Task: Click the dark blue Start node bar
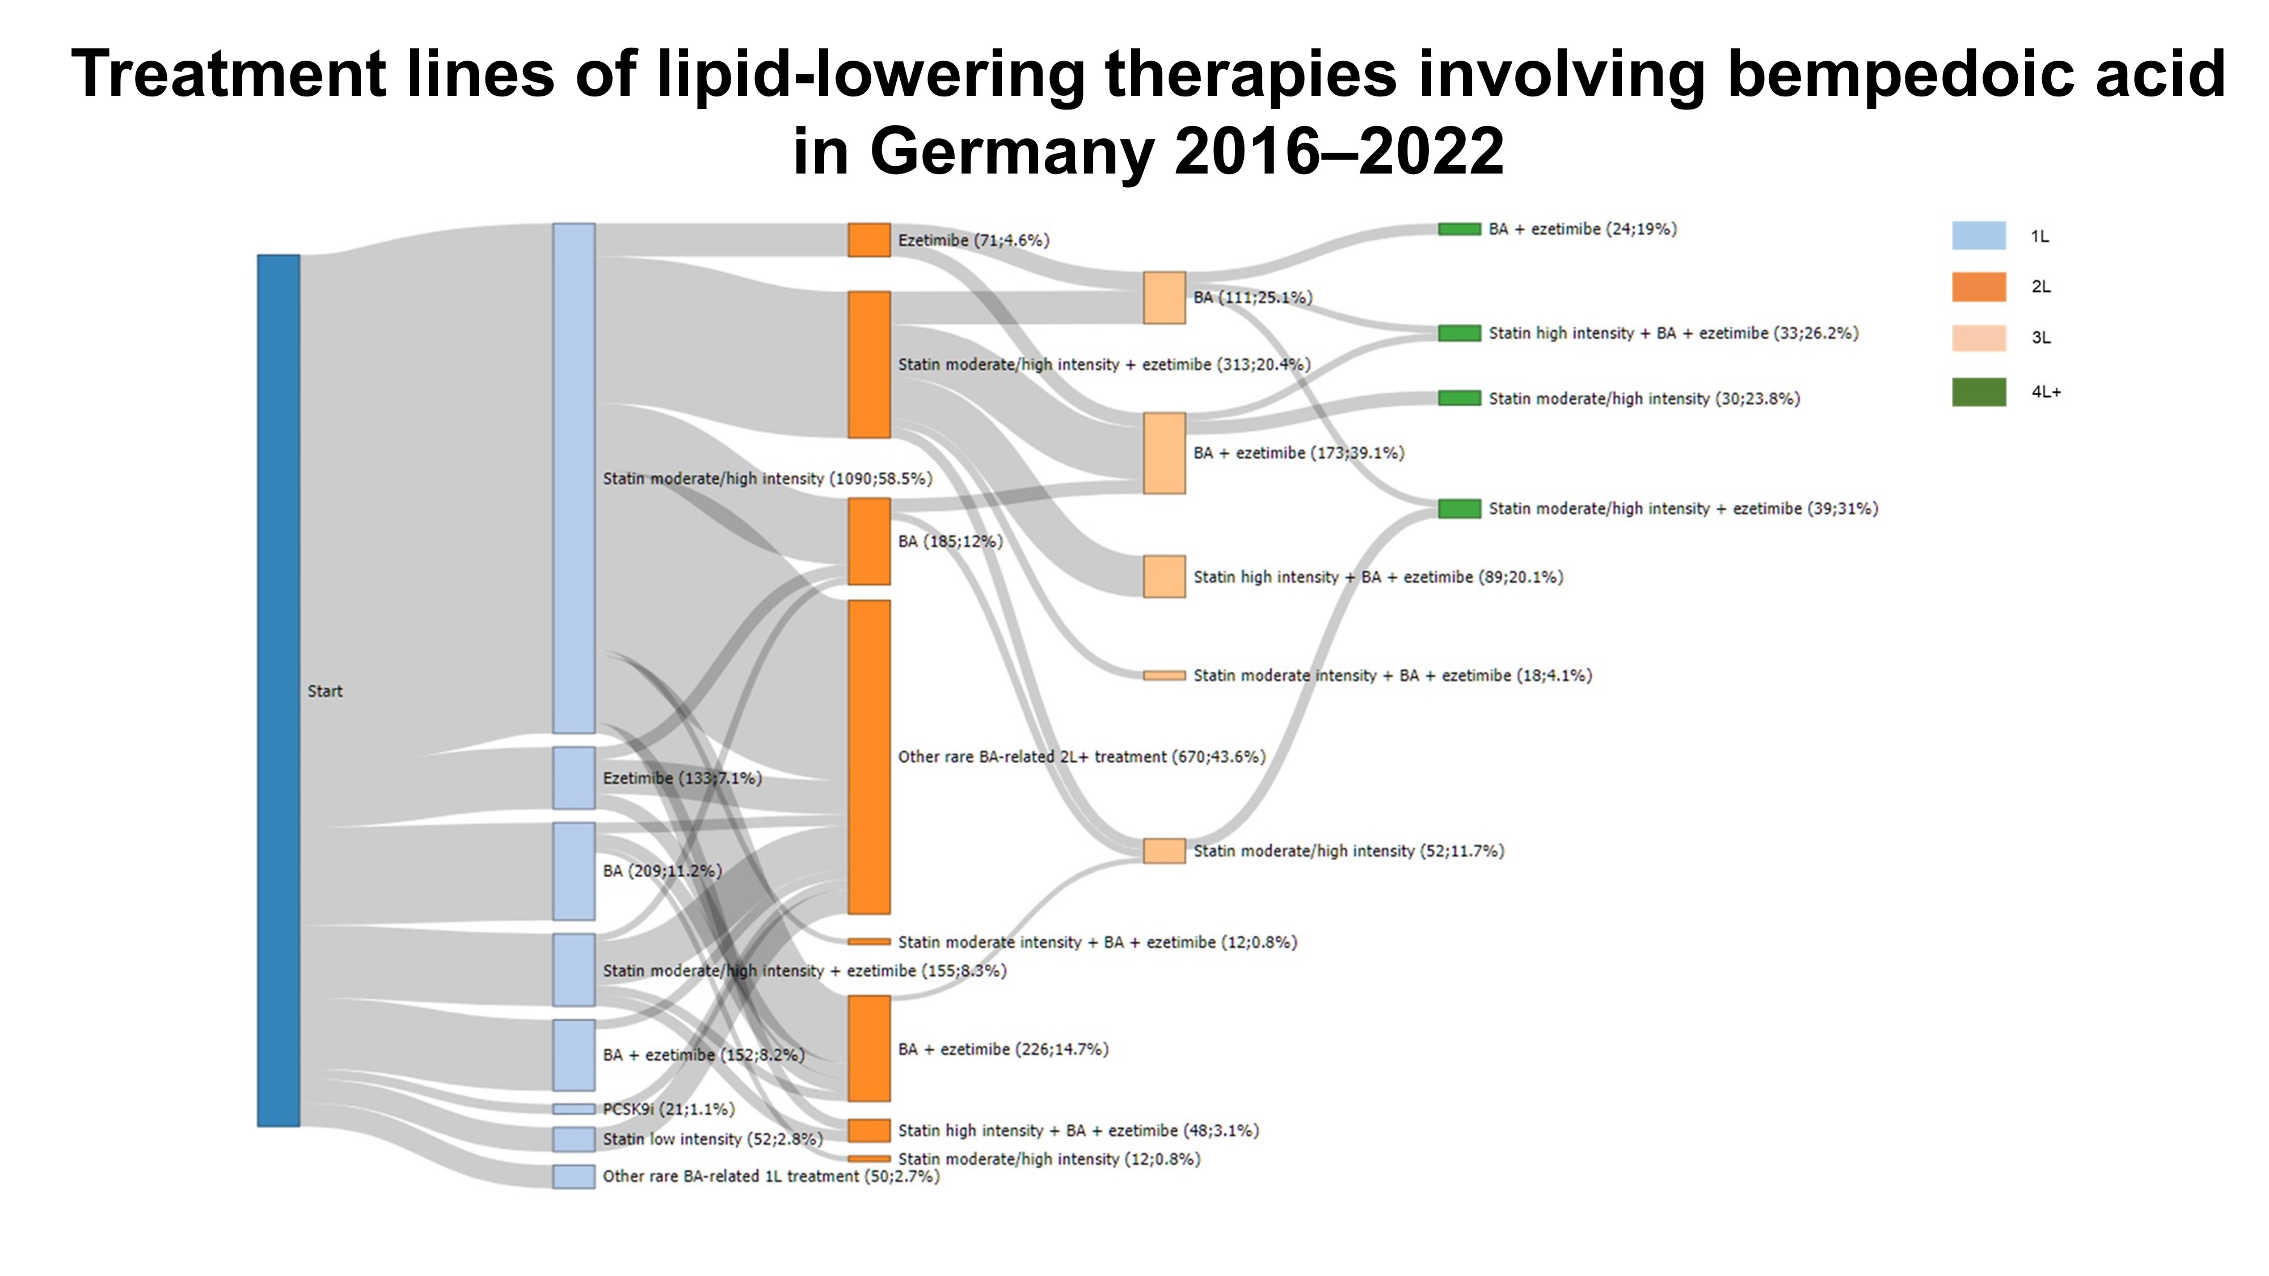279,690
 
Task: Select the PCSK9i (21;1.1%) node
573,1109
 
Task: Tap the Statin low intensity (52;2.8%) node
573,1139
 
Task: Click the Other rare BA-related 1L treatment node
573,1177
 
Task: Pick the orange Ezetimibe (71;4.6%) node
870,239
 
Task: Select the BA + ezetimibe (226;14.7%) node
870,1049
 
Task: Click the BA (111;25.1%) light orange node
1165,298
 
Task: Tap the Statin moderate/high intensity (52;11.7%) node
1165,851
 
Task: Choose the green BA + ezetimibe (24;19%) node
1460,229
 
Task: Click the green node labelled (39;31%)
1460,508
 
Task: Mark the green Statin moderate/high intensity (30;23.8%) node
1460,398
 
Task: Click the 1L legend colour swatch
1979,235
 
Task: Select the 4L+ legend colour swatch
1979,392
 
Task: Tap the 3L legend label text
2042,337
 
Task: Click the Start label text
325,691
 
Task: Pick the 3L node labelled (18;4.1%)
1165,675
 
